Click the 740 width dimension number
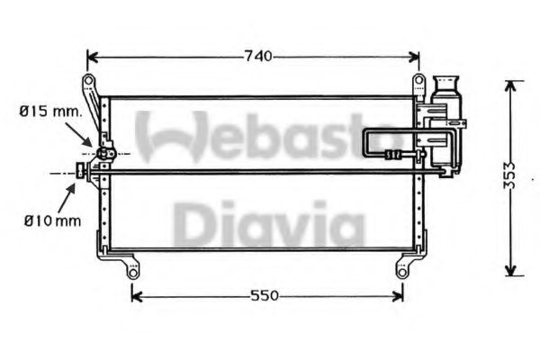[x=256, y=57]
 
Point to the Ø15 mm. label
[x=49, y=112]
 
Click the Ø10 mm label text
[x=49, y=218]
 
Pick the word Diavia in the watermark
[x=269, y=225]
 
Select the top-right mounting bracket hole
[x=418, y=83]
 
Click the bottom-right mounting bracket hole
[x=401, y=268]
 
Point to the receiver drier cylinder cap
[x=445, y=82]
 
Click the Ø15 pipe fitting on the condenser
[x=104, y=153]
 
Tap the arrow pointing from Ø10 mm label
[x=71, y=191]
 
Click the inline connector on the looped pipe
[x=393, y=155]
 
